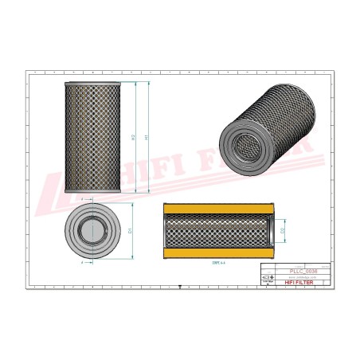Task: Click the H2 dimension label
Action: (133, 136)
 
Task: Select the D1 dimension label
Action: (130, 230)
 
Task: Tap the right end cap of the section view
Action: (268, 230)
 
